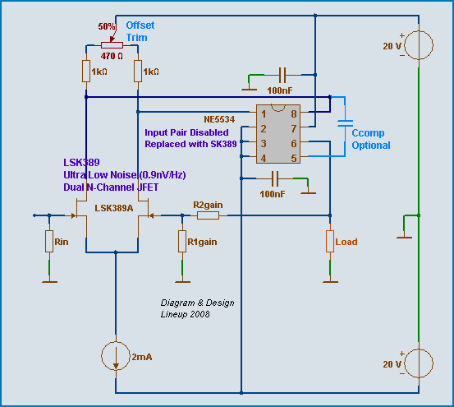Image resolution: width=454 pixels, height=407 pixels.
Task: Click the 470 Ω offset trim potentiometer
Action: click(112, 45)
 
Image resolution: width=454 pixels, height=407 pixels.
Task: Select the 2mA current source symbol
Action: click(116, 356)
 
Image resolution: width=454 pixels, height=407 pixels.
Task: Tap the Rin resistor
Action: click(49, 241)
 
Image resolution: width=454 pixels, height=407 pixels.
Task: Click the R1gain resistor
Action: click(182, 241)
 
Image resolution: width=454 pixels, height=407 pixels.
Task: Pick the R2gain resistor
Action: click(208, 215)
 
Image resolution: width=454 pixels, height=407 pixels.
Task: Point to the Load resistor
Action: click(330, 241)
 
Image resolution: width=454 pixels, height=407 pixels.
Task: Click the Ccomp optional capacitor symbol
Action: click(345, 123)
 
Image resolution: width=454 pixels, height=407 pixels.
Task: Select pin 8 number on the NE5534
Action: click(294, 114)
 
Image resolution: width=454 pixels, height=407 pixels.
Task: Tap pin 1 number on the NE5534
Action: click(264, 114)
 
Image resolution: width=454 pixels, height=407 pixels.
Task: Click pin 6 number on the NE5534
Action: click(294, 144)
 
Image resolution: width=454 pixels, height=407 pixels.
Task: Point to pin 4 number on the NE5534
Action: click(264, 158)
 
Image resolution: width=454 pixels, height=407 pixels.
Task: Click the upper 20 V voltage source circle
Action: click(419, 45)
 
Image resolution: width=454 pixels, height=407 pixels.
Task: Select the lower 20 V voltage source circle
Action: click(419, 363)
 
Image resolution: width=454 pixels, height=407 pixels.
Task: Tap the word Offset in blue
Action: click(140, 25)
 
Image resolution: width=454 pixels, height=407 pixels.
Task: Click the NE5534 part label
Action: click(219, 119)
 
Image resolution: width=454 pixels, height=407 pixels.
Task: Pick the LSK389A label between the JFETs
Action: click(114, 208)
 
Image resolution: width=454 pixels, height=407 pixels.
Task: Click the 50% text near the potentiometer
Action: click(107, 26)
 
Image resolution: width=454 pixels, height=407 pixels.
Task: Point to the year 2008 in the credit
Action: click(200, 314)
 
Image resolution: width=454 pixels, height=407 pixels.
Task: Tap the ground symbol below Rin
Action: click(49, 282)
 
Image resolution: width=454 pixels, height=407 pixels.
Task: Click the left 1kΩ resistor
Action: click(86, 71)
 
